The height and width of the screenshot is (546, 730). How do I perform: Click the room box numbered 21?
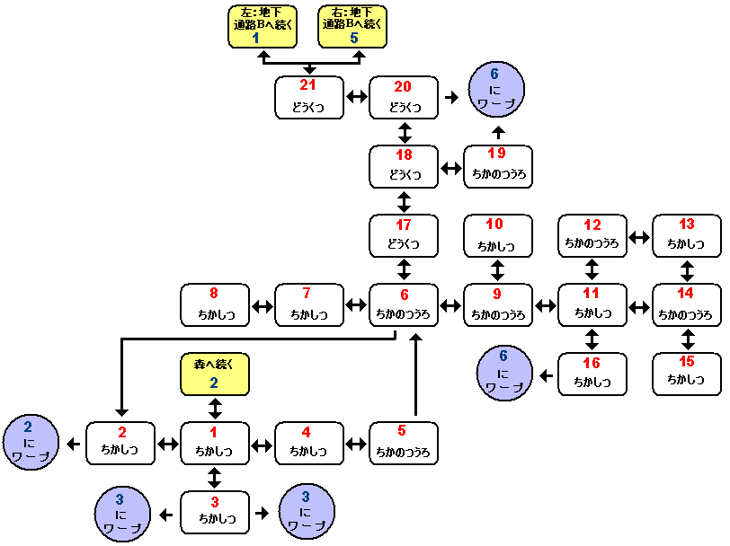309,97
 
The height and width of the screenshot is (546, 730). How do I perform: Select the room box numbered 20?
404,97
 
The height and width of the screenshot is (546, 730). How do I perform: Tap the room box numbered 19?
498,166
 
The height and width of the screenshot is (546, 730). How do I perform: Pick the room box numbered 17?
404,235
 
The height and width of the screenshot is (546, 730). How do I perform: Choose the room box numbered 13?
687,235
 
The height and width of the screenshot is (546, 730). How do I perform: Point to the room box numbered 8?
215,305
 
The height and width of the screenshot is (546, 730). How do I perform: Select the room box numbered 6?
404,305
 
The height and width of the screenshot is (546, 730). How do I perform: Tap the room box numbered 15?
687,374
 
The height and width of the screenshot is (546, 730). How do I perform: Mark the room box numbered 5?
404,443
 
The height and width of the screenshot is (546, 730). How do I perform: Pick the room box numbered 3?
215,512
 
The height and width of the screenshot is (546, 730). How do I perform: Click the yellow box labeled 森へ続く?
215,374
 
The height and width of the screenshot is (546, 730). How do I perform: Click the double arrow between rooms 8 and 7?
263,306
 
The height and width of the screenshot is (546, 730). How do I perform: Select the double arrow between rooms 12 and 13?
639,237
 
